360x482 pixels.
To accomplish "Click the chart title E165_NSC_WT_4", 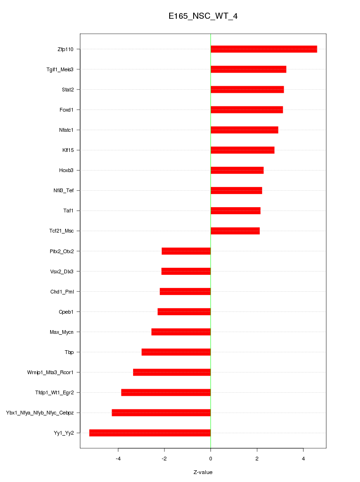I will pos(203,16).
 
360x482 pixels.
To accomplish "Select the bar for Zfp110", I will pos(263,49).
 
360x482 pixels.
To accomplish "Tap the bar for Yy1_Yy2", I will pos(150,433).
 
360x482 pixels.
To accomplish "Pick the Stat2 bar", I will pos(247,90).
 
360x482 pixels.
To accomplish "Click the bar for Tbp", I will pos(176,352).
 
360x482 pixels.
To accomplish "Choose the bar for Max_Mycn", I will pos(181,332).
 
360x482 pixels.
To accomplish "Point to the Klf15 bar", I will pos(242,150).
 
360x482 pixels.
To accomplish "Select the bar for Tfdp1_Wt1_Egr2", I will pos(166,392).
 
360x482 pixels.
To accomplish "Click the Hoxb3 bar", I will pos(237,170).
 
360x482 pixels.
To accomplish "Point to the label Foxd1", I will pos(67,110).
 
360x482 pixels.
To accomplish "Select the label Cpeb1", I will pos(66,312).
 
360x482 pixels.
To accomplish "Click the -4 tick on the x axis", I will pos(118,458).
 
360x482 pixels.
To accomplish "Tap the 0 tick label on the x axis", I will pos(210,458).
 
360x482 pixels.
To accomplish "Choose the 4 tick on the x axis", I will pos(303,458).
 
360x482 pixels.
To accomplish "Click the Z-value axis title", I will pos(203,472).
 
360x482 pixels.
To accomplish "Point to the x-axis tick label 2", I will pos(257,458).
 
